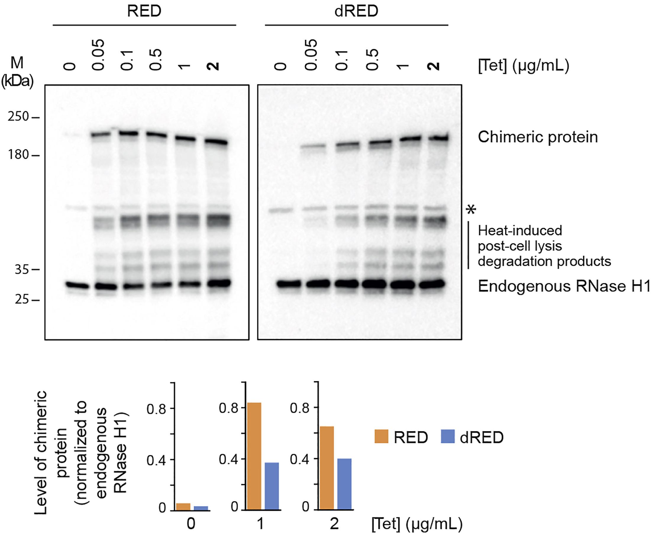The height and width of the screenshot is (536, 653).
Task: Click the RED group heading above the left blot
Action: (144, 11)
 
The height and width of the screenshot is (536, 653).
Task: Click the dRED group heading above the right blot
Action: (356, 11)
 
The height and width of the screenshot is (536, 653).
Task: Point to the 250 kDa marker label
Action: (18, 117)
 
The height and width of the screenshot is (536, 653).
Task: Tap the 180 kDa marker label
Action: (18, 154)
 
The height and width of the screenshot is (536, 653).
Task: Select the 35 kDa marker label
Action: (22, 269)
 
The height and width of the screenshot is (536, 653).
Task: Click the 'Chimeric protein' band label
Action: (538, 137)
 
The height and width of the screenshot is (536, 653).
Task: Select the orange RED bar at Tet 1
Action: (254, 456)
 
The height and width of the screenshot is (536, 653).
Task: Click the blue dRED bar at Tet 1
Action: (271, 486)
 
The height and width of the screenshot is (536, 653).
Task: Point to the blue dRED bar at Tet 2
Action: (344, 484)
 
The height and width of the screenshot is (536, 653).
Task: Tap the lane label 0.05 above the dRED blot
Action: (311, 55)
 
